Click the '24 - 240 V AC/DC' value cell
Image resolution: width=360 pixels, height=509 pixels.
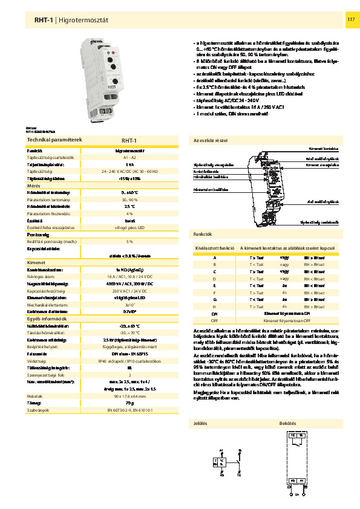point(130,172)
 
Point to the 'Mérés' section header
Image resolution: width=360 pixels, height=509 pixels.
point(33,186)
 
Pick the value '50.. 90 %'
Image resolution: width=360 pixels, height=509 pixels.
point(130,199)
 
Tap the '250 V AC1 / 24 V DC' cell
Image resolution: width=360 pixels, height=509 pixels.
point(130,291)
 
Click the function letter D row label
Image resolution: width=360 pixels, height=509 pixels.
point(214,279)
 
